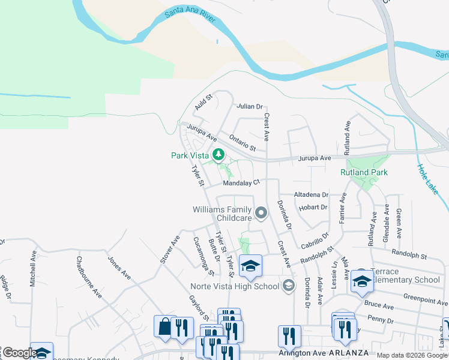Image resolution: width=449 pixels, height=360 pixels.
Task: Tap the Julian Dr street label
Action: (x=250, y=106)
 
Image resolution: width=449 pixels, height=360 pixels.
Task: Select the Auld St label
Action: (x=204, y=103)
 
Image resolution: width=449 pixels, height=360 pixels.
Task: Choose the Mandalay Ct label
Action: (x=241, y=182)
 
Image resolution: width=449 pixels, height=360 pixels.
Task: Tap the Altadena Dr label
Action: (x=311, y=195)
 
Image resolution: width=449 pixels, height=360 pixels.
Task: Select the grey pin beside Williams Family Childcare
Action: (x=261, y=212)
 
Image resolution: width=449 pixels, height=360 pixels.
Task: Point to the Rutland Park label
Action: (x=364, y=172)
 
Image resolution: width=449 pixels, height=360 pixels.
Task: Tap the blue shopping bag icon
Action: (x=164, y=327)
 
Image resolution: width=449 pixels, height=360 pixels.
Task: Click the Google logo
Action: (x=20, y=353)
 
